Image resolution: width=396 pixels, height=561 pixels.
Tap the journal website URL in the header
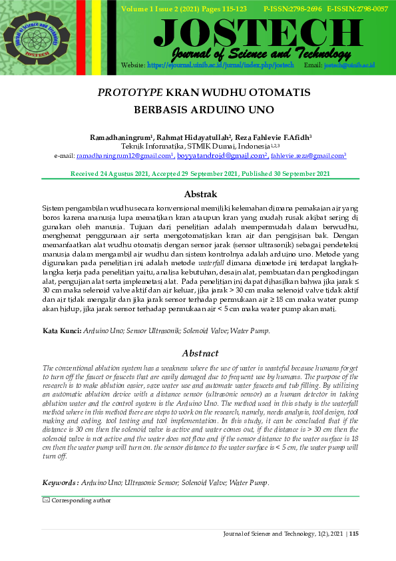(220, 65)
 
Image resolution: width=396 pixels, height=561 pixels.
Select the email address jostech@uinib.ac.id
(350, 65)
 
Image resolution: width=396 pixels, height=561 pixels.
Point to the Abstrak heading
(200, 195)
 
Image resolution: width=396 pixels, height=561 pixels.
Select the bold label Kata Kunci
(62, 330)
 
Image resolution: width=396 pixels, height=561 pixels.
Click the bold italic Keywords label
(61, 482)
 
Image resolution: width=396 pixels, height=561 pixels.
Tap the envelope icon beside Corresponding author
(46, 500)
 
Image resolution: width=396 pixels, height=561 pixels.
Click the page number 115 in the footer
(353, 534)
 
